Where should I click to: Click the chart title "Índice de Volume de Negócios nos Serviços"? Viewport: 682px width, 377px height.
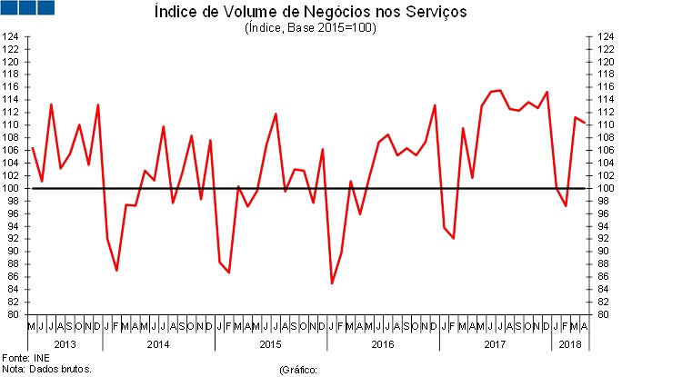[x=310, y=13]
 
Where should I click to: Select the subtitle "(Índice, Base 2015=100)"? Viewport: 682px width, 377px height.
[x=310, y=28]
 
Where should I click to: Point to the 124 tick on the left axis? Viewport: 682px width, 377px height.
[x=11, y=37]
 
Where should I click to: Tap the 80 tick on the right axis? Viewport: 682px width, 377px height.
[x=604, y=314]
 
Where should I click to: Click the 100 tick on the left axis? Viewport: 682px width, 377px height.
[x=11, y=188]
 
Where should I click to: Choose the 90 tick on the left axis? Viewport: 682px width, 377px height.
[x=11, y=252]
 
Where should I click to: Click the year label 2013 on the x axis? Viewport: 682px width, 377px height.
[x=65, y=343]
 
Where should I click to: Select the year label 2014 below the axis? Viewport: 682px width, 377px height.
[x=158, y=343]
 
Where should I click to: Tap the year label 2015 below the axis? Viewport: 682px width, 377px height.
[x=271, y=343]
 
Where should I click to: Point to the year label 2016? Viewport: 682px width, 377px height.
[x=383, y=343]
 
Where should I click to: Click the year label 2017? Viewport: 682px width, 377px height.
[x=496, y=343]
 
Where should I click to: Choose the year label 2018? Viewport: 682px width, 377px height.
[x=570, y=343]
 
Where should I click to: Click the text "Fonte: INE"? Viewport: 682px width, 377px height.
[x=25, y=357]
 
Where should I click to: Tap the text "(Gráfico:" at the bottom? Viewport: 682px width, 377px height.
[x=301, y=370]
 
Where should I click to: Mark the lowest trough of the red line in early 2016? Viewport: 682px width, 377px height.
[x=332, y=283]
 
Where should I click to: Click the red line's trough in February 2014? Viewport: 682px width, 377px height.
[x=116, y=271]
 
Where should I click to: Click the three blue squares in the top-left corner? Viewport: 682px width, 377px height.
[x=27, y=8]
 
